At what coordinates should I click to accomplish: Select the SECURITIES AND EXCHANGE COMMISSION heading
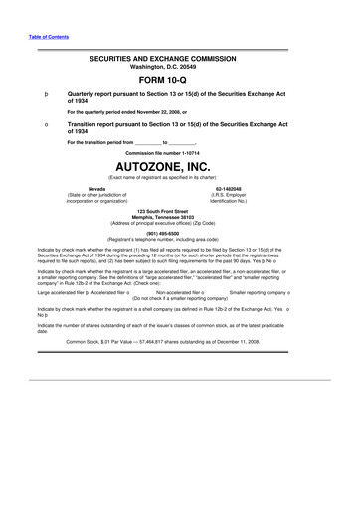pyautogui.click(x=179, y=59)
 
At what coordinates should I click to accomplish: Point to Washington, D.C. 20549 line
pyautogui.click(x=179, y=67)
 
